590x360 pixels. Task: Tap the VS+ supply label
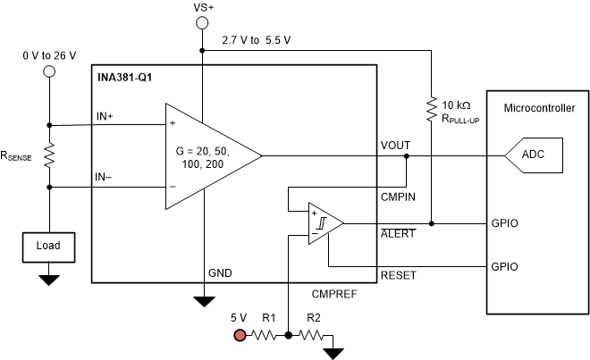(204, 8)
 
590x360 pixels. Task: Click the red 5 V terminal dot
(240, 336)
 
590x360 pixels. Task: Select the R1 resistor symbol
(265, 336)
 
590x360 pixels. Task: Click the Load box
(49, 244)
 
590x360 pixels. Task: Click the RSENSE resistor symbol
(49, 156)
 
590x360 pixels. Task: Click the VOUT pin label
(395, 145)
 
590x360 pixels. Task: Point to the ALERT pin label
(397, 233)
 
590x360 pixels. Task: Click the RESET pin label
(398, 275)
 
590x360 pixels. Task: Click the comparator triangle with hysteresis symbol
(323, 223)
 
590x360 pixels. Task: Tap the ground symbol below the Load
(49, 279)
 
